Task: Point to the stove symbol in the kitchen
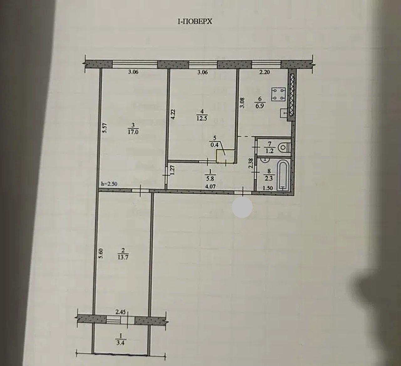[279, 94]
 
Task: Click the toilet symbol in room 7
[285, 147]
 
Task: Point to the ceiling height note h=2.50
[109, 184]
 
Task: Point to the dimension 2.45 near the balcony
[121, 312]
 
